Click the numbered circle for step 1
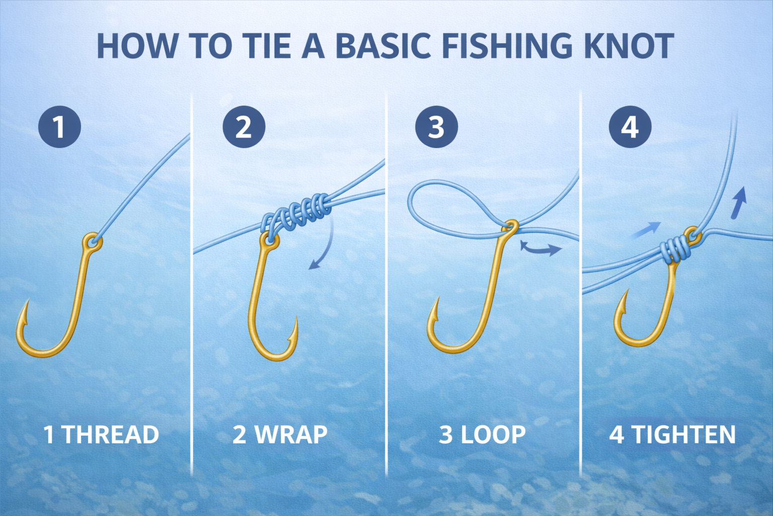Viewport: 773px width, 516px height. pyautogui.click(x=60, y=127)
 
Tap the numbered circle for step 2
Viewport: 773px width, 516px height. pyautogui.click(x=244, y=127)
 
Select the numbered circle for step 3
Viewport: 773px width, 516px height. pyautogui.click(x=436, y=127)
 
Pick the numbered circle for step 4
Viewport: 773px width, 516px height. pyautogui.click(x=630, y=127)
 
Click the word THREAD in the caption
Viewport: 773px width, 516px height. pyautogui.click(x=111, y=434)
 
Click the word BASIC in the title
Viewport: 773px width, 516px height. pyautogui.click(x=382, y=46)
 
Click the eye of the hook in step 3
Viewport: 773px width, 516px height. pyautogui.click(x=510, y=227)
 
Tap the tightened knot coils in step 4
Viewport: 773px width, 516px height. pyautogui.click(x=676, y=248)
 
